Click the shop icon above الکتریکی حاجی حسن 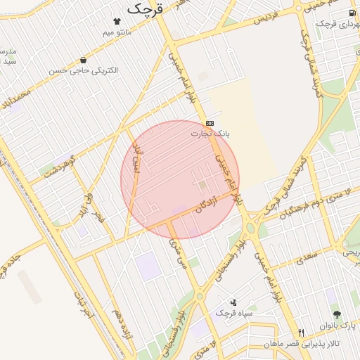pos(84,60)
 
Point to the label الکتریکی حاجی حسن pos(84,71)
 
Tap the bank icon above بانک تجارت pos(210,123)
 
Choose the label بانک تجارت pos(210,133)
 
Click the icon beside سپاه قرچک pos(234,302)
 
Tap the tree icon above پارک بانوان pos(337,314)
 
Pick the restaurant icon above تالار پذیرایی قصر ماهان pos(301,333)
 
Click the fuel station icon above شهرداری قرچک pos(352,13)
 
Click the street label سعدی pos(307,258)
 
